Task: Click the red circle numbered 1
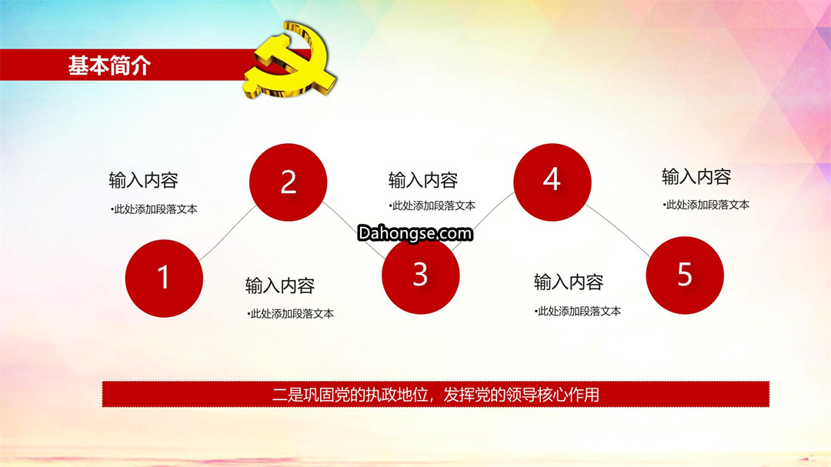coord(164,279)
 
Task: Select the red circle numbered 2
coord(288,182)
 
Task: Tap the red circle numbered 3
coord(420,275)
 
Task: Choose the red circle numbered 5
coord(685,275)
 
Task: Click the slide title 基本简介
coord(110,65)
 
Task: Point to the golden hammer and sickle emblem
coord(290,60)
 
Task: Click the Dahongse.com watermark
coord(415,233)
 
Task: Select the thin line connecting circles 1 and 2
coord(228,233)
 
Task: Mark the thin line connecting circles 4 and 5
coord(618,231)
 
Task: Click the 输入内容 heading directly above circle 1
coord(143,180)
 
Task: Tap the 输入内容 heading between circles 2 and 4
coord(423,180)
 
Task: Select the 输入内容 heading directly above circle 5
coord(696,176)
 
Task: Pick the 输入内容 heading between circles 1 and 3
coord(280,285)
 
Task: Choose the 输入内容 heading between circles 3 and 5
coord(569,282)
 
